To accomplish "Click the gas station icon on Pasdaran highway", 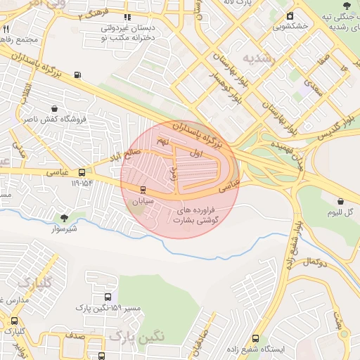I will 77,75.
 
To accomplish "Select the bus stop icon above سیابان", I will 143,189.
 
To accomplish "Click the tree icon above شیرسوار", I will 65,218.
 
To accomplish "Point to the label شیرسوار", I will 63,229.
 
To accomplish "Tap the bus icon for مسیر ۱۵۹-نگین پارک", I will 107,297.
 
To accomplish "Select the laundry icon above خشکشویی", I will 290,15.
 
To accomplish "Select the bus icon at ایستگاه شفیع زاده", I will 255,338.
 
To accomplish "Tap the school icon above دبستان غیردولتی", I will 127,18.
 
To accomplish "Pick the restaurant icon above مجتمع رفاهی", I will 6,30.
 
